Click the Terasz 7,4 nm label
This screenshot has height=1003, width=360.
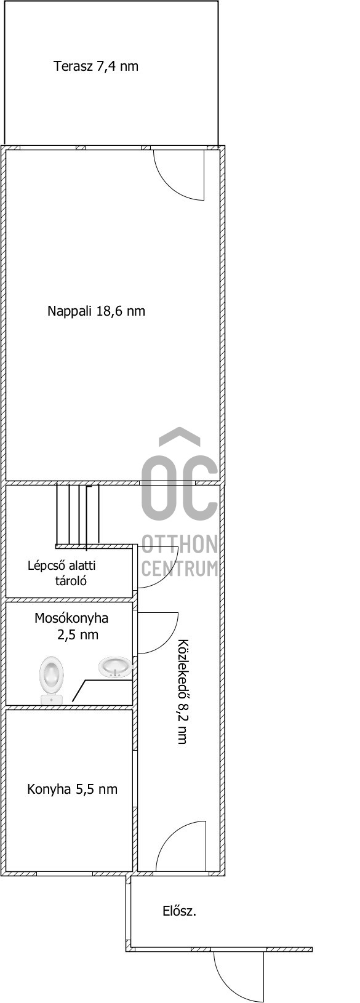pyautogui.click(x=96, y=66)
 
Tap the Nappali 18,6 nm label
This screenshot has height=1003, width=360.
pyautogui.click(x=96, y=311)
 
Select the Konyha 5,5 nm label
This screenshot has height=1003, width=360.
pyautogui.click(x=72, y=789)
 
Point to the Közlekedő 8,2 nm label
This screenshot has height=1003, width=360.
pyautogui.click(x=182, y=692)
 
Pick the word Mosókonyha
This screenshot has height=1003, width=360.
pyautogui.click(x=71, y=618)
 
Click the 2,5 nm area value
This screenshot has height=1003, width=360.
pyautogui.click(x=78, y=635)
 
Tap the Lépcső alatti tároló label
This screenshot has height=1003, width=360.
pyautogui.click(x=62, y=573)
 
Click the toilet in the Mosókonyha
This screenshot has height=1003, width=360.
pyautogui.click(x=51, y=680)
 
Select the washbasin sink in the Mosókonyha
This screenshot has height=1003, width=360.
pyautogui.click(x=115, y=667)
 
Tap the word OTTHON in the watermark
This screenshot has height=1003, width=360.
pyautogui.click(x=180, y=543)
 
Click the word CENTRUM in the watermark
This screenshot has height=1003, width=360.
pyautogui.click(x=180, y=569)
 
